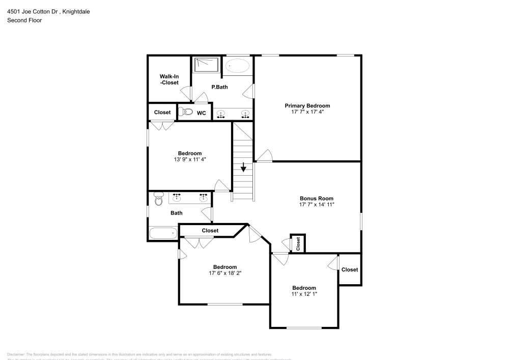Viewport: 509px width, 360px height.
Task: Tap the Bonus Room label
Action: (x=317, y=199)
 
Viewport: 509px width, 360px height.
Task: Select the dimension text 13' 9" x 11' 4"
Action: (x=189, y=159)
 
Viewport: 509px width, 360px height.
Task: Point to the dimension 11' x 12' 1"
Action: (x=304, y=294)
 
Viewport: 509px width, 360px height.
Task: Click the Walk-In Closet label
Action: (x=169, y=79)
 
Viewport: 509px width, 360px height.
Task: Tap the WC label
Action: (x=202, y=113)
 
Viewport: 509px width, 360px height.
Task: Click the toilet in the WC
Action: (x=185, y=112)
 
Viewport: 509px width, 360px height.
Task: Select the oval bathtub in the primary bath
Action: (x=238, y=66)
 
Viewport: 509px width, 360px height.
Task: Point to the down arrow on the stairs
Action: (x=244, y=167)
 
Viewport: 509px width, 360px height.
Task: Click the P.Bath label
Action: (x=219, y=87)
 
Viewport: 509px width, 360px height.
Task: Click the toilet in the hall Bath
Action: (x=158, y=199)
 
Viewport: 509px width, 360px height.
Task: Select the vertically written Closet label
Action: (x=298, y=244)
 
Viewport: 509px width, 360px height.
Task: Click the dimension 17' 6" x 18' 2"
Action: (x=224, y=273)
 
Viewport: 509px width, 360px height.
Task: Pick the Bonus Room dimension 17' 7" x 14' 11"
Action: (x=317, y=205)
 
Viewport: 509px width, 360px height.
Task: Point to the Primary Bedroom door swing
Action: (x=265, y=156)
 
